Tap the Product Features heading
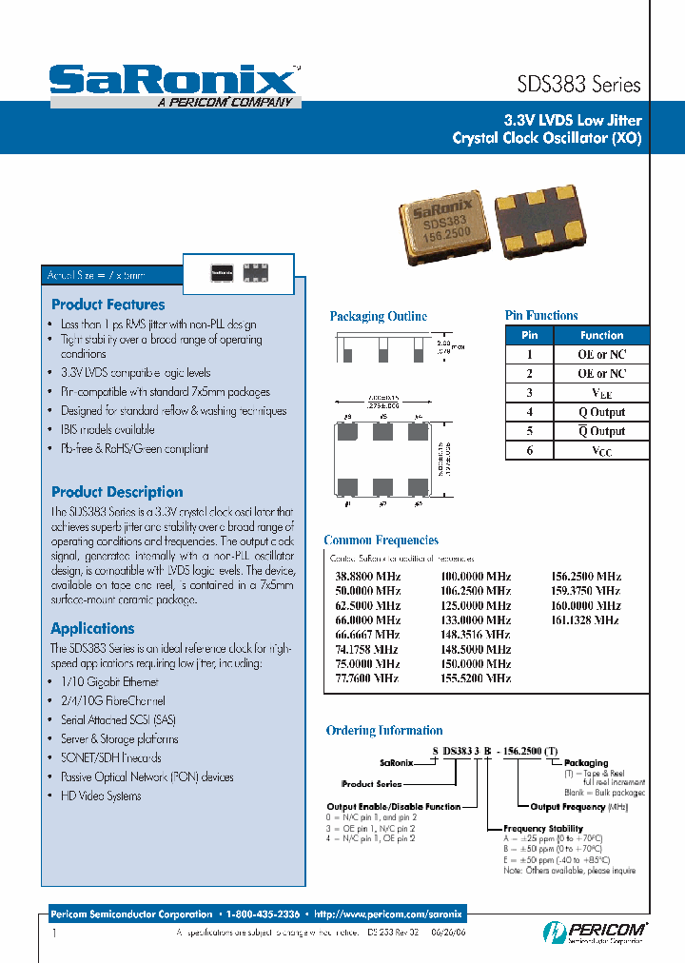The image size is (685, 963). pos(108,305)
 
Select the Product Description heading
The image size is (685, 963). pos(117,492)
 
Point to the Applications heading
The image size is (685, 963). pos(92,628)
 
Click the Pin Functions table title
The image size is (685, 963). pos(540,315)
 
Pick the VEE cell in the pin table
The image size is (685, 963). pos(601,393)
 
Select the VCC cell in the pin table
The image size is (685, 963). pos(601,451)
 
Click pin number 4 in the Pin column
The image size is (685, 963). pos(530,412)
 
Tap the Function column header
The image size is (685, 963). pos(601,335)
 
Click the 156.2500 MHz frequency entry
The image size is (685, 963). pos(586,577)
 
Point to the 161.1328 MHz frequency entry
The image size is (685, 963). pos(586,619)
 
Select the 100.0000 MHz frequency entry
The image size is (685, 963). pos(475,577)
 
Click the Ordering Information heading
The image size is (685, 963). pos(384,731)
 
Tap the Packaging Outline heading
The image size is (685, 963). pos(378,316)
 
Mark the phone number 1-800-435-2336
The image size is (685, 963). pos(264,914)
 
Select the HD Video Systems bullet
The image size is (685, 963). pos(100,796)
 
